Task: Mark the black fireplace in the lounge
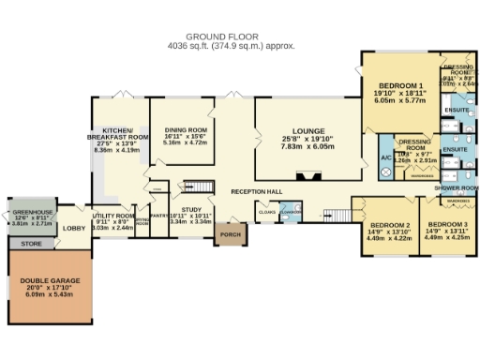(307, 174)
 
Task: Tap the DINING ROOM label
(186, 130)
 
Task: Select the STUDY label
(193, 210)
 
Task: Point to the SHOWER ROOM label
(457, 187)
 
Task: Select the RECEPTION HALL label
(258, 191)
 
